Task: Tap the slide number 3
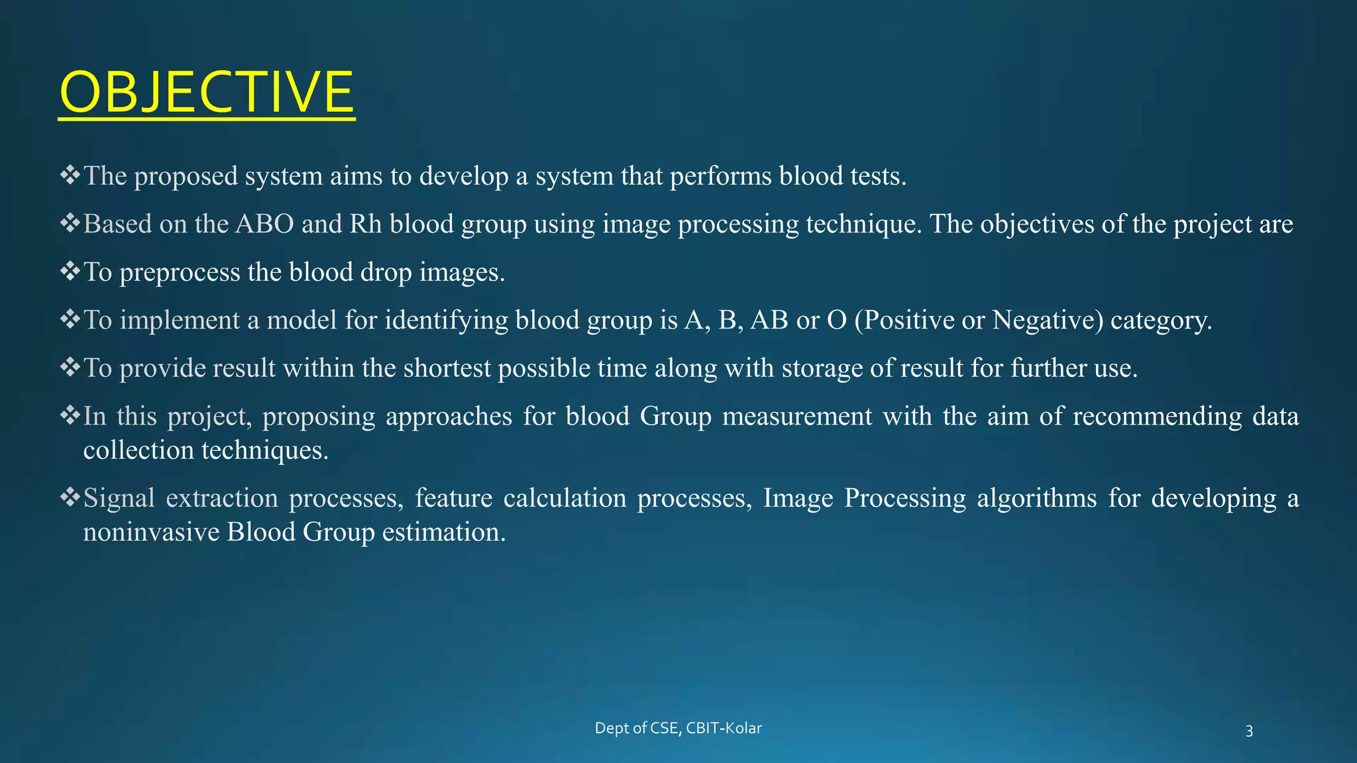pos(1249,731)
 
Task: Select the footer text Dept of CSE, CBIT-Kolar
pos(678,729)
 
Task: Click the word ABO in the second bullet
pos(264,224)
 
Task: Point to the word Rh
pos(365,224)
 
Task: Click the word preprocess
pos(180,272)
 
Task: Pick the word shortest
pos(447,368)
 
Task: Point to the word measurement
pos(796,417)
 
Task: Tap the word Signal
pos(119,498)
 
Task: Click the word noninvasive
pos(151,532)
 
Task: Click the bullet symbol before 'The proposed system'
pos(70,176)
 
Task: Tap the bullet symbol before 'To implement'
pos(70,320)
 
